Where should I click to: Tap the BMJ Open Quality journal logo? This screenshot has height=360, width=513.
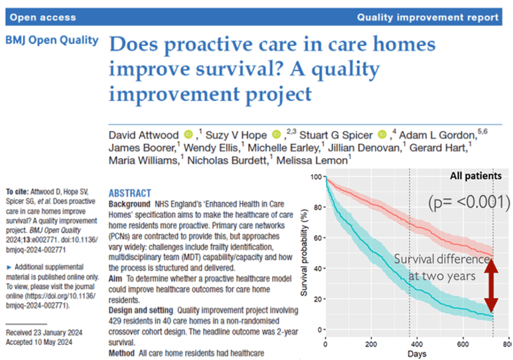click(x=52, y=40)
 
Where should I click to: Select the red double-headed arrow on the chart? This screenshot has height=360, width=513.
click(x=491, y=285)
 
